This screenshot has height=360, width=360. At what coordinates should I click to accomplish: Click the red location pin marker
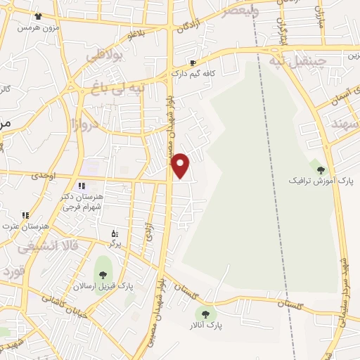pyautogui.click(x=181, y=165)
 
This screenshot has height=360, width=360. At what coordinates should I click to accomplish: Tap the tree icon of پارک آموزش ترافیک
pyautogui.click(x=321, y=170)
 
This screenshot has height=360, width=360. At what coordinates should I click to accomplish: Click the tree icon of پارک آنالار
pyautogui.click(x=205, y=314)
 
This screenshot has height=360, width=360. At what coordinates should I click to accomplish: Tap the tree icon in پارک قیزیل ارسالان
pyautogui.click(x=103, y=274)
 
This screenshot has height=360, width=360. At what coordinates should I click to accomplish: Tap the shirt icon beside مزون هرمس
pyautogui.click(x=37, y=16)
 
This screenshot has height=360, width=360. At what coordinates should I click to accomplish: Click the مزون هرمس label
pyautogui.click(x=36, y=27)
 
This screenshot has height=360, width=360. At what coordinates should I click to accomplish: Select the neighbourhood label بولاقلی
pyautogui.click(x=105, y=54)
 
